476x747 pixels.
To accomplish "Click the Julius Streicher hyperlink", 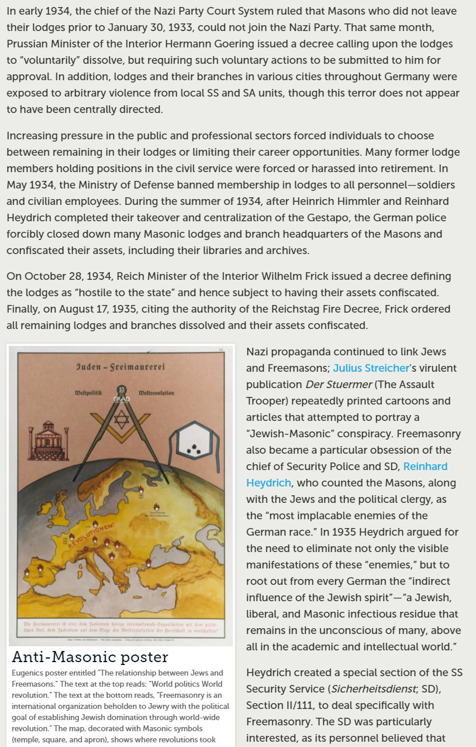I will point(371,368).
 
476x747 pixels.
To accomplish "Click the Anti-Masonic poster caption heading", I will point(90,657).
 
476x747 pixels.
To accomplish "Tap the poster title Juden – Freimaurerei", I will point(120,367).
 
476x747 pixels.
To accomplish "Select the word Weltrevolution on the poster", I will point(156,392).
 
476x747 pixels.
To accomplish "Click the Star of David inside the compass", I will point(120,420).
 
